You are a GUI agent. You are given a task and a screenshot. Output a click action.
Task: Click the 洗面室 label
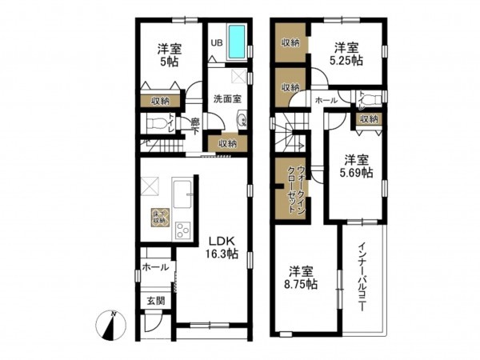[x=227, y=99]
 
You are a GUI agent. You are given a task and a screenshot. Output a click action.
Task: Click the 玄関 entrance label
[x=155, y=301]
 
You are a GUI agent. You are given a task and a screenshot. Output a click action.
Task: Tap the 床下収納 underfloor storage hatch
[x=158, y=216]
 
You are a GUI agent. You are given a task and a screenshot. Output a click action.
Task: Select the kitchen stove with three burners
[x=182, y=230]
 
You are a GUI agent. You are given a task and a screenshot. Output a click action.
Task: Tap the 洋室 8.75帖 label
[x=302, y=277]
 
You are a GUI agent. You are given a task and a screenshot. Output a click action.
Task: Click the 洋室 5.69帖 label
[x=356, y=165]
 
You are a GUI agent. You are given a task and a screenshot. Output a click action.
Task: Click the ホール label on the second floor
[x=326, y=101]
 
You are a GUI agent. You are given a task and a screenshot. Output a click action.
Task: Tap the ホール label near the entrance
[x=155, y=267]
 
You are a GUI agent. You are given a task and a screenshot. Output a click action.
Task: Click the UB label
[x=216, y=42]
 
